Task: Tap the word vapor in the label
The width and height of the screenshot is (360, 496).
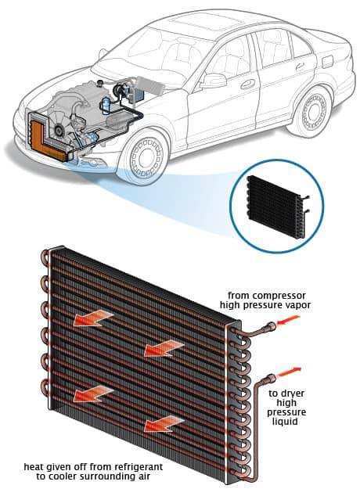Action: click(297, 305)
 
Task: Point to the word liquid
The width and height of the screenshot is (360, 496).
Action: click(285, 422)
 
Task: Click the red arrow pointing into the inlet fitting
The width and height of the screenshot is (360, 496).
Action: click(288, 320)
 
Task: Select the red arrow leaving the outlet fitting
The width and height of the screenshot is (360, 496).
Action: click(290, 372)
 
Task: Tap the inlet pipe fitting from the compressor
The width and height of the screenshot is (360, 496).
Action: click(271, 326)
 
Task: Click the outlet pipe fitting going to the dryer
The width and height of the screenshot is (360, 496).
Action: click(271, 378)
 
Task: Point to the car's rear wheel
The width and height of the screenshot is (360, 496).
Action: click(312, 111)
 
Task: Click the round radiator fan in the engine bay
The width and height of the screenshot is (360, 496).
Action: click(58, 128)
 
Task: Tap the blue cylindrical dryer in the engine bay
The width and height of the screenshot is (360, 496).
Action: click(106, 106)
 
